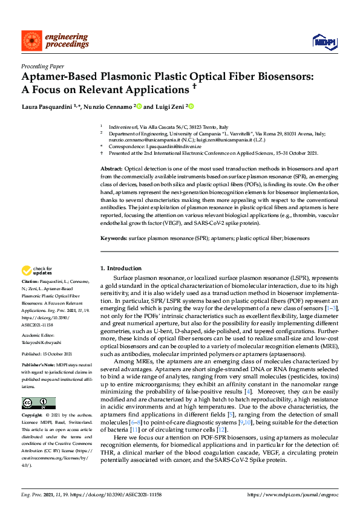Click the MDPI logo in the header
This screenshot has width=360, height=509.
(x=324, y=41)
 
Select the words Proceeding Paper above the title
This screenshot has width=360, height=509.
(x=43, y=67)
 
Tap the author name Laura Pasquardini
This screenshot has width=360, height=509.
(x=46, y=107)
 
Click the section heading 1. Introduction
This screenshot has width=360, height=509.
(x=120, y=268)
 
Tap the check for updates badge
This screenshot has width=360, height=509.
(x=38, y=270)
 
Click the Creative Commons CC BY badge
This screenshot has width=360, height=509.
(x=38, y=403)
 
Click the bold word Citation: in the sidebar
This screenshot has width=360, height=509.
(x=31, y=282)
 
